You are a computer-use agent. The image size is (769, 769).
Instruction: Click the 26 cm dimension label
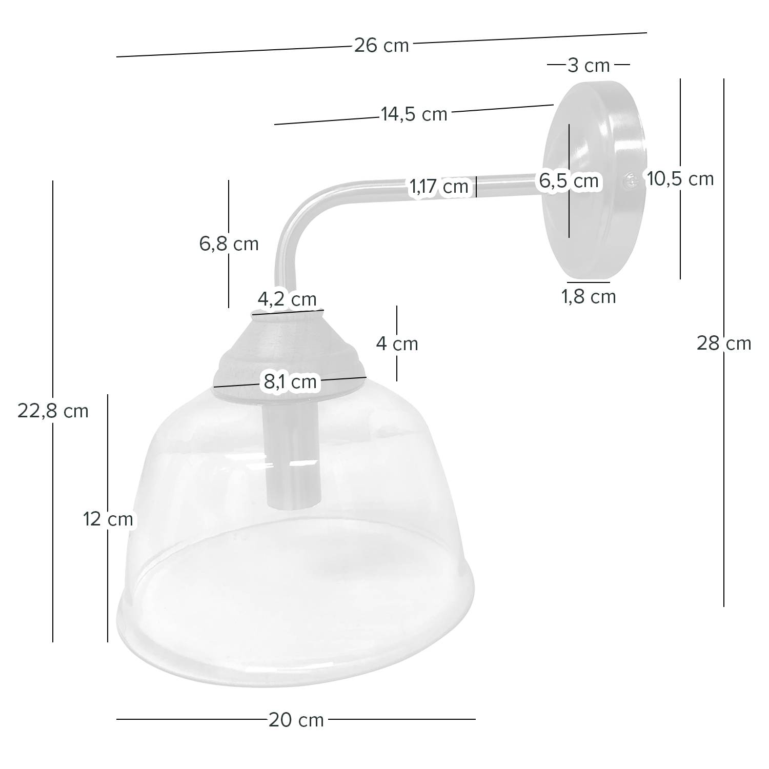(381, 46)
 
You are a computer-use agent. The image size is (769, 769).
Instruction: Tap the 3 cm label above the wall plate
(588, 66)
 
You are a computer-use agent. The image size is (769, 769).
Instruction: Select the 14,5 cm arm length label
(414, 114)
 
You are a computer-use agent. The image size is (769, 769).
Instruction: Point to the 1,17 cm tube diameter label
(438, 187)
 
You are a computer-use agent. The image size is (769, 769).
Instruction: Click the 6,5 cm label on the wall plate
(569, 181)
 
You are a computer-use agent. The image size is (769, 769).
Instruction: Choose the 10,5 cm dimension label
(680, 179)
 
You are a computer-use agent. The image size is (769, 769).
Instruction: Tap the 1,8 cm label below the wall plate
(589, 297)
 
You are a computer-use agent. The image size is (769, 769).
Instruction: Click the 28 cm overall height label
(723, 343)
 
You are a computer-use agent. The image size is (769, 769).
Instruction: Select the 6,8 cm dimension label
(229, 244)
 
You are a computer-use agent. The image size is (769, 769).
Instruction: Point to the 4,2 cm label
(287, 299)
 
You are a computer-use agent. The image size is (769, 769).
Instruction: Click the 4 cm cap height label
(397, 343)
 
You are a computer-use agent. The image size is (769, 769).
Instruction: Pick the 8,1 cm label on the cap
(290, 381)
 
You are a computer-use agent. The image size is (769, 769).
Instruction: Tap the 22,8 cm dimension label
(53, 411)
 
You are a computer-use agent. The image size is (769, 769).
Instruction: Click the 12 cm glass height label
(108, 519)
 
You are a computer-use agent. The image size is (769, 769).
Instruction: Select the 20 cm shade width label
(296, 720)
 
